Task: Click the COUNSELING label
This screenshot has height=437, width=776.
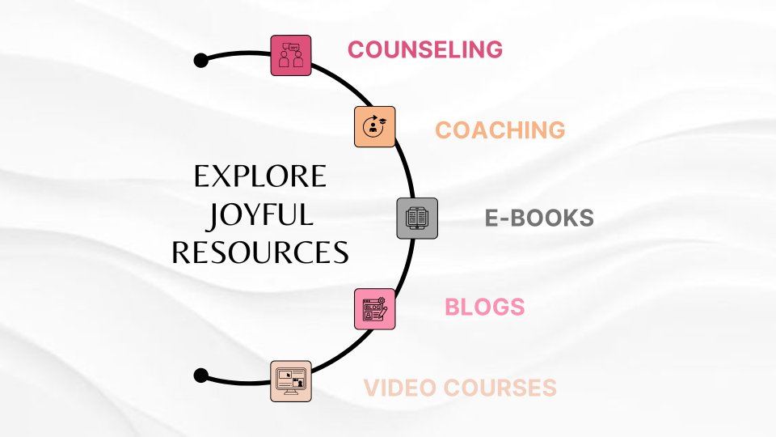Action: click(x=425, y=49)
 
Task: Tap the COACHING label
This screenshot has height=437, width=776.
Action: click(x=500, y=130)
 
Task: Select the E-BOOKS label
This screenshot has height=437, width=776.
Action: click(x=539, y=218)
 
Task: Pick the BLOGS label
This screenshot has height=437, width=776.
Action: click(x=484, y=308)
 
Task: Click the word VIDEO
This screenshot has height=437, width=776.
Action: click(x=402, y=388)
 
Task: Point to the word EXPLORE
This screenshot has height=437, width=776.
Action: click(x=260, y=176)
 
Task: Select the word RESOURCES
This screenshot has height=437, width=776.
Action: click(x=260, y=252)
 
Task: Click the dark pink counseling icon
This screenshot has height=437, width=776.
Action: click(x=291, y=56)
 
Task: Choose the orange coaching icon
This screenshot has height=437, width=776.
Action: click(x=374, y=127)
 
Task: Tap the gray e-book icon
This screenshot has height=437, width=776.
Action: click(x=417, y=218)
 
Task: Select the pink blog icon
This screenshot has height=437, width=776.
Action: click(x=374, y=309)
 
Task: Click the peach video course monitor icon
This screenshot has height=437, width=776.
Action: click(x=291, y=381)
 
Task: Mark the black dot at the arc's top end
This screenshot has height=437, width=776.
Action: click(x=201, y=61)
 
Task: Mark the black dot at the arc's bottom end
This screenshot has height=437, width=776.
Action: click(x=201, y=375)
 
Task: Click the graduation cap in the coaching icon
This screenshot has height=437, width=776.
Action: click(x=382, y=121)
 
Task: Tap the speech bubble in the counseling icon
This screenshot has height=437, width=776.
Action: click(x=293, y=47)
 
